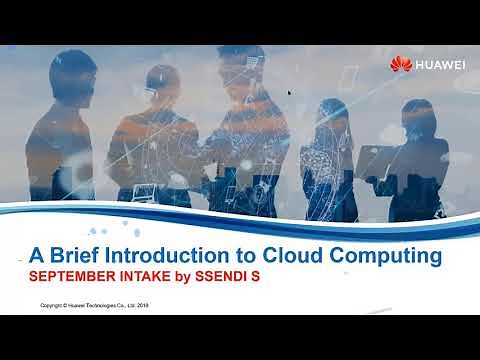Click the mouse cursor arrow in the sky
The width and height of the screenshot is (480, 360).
pos(290,93)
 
